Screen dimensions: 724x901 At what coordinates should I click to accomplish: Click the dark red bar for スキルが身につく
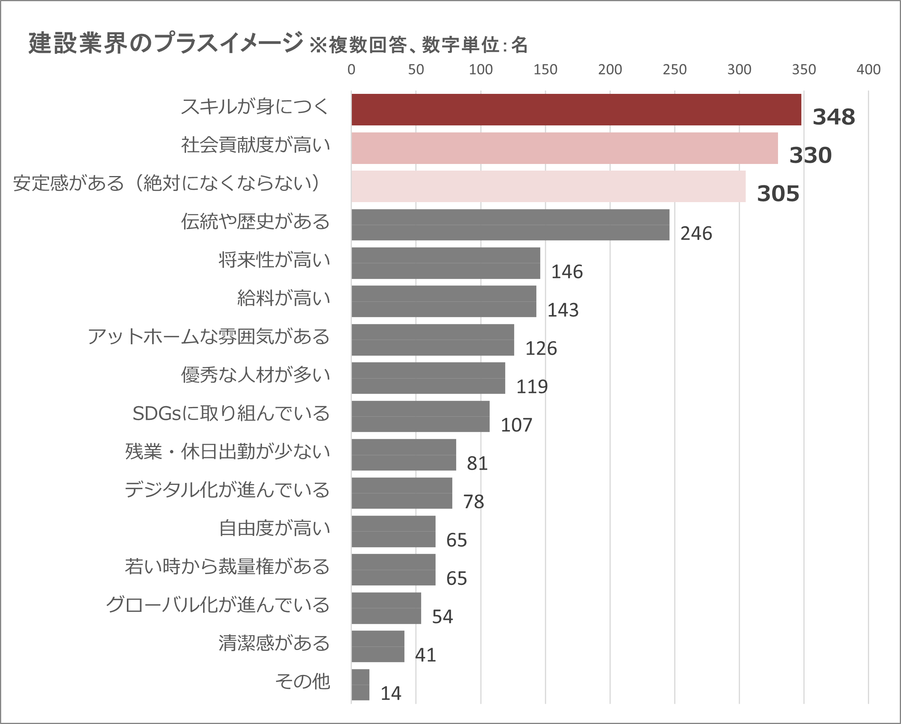point(576,109)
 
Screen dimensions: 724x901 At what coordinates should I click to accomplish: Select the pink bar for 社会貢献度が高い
point(565,148)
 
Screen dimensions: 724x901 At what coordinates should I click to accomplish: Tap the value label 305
point(778,194)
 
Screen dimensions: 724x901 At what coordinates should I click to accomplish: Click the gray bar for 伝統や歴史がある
point(510,225)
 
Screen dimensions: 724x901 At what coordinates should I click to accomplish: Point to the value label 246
point(696,233)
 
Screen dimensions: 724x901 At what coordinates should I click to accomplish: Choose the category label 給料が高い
point(283,298)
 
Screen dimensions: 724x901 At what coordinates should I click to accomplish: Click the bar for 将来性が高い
point(446,263)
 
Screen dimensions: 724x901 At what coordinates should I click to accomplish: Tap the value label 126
point(541,349)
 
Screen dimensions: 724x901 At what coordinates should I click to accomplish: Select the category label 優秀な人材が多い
point(255,375)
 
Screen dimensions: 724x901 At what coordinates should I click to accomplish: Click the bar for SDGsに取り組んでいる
point(420,416)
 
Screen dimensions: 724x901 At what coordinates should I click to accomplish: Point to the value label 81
point(477,463)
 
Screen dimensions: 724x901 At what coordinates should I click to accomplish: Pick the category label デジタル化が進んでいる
point(227,490)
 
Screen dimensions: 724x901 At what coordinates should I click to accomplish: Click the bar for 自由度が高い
point(393,531)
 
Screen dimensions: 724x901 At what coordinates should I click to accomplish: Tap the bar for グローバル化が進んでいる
point(386,608)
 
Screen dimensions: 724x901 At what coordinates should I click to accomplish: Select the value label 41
point(425,655)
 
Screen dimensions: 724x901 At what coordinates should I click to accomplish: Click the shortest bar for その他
point(360,685)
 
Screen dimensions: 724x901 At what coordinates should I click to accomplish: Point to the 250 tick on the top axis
point(674,69)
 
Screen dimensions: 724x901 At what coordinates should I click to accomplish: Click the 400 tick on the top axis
point(868,69)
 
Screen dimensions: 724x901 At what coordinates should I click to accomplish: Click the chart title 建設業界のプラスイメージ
point(165,43)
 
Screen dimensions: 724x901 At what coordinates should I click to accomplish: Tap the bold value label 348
point(833,117)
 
